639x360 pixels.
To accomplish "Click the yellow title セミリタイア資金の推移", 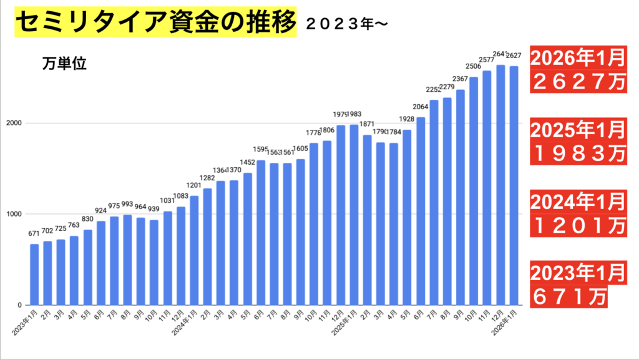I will pos(153,24).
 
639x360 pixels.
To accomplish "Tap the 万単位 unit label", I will pos(65,64).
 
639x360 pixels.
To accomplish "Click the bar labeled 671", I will pos(34,275).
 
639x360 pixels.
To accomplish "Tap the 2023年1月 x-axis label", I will pos(27,321).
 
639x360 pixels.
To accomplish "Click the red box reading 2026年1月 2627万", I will pos(577,69).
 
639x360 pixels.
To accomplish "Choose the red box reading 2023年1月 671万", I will pos(568,285).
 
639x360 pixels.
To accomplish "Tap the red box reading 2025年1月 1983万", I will pos(577,140).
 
